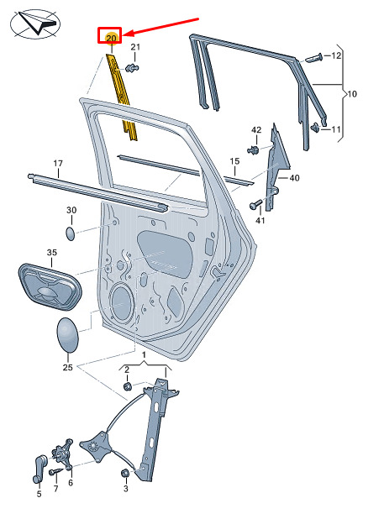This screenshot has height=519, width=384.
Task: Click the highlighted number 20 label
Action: click(x=111, y=38)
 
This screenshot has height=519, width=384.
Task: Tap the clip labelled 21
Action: click(x=133, y=68)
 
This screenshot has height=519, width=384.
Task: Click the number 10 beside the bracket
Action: click(x=352, y=94)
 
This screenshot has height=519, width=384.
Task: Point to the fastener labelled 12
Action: click(x=313, y=58)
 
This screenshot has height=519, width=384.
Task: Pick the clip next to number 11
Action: click(x=315, y=128)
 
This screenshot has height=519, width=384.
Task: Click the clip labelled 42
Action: click(x=254, y=149)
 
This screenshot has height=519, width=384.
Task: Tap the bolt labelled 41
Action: click(x=256, y=205)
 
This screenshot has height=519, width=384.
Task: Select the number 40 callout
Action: click(x=294, y=178)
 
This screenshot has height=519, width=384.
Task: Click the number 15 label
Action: click(x=234, y=161)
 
